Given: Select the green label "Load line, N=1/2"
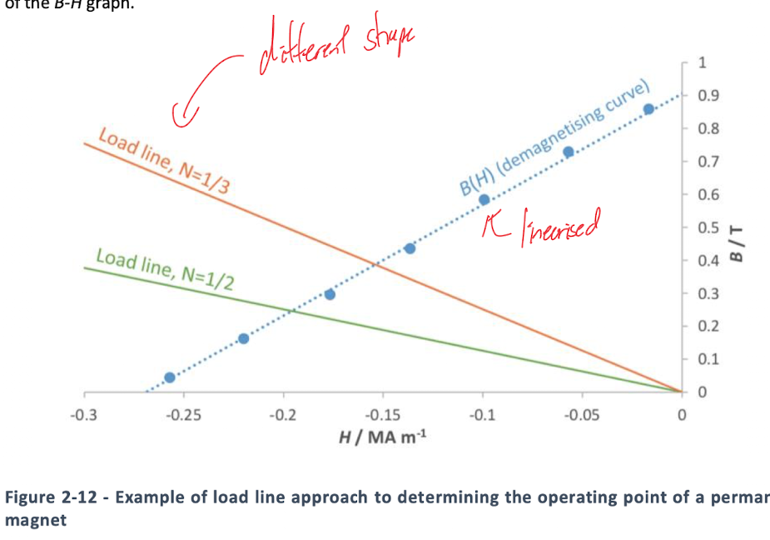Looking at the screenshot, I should pos(165,267).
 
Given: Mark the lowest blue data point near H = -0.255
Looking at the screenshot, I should pos(170,377).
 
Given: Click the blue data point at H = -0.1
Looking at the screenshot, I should pos(484,200).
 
